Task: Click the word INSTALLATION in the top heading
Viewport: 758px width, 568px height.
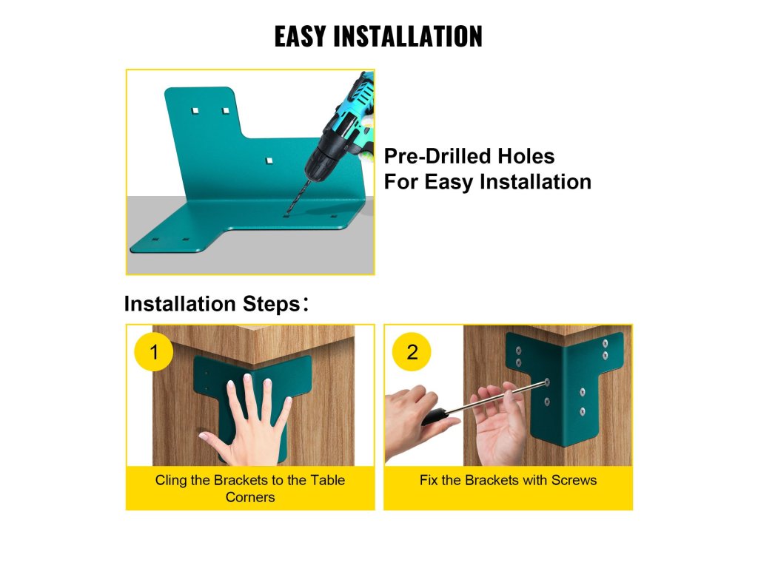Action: (408, 36)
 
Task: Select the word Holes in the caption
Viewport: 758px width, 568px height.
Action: (526, 156)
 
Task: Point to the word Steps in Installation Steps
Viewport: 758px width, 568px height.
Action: (271, 304)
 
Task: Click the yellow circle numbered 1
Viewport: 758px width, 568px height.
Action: (153, 351)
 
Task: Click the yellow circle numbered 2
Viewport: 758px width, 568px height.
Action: (412, 351)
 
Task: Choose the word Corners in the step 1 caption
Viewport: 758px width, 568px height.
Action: (250, 497)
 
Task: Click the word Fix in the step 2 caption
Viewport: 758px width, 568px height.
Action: (429, 480)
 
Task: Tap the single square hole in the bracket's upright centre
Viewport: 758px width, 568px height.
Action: (269, 160)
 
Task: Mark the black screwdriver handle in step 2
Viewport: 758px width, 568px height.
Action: (434, 417)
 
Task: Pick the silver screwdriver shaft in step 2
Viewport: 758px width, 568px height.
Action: (495, 397)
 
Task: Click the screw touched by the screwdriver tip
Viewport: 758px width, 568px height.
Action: (547, 382)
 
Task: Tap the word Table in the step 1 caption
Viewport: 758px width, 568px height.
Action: (327, 480)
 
